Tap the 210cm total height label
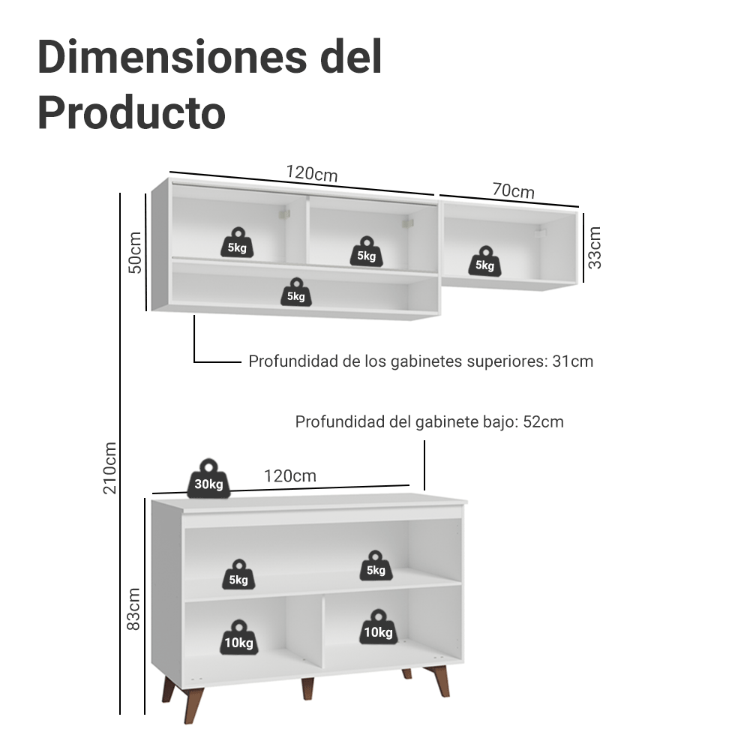click(x=110, y=467)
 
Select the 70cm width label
click(x=513, y=190)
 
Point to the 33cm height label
click(x=594, y=247)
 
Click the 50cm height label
click(x=135, y=252)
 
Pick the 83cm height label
click(x=133, y=609)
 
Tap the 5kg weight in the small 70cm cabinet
click(x=485, y=261)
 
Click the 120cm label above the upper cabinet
click(x=312, y=173)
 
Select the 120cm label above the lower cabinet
click(x=290, y=476)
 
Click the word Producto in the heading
click(x=131, y=113)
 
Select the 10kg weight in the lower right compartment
click(x=378, y=627)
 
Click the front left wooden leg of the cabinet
click(x=193, y=705)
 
